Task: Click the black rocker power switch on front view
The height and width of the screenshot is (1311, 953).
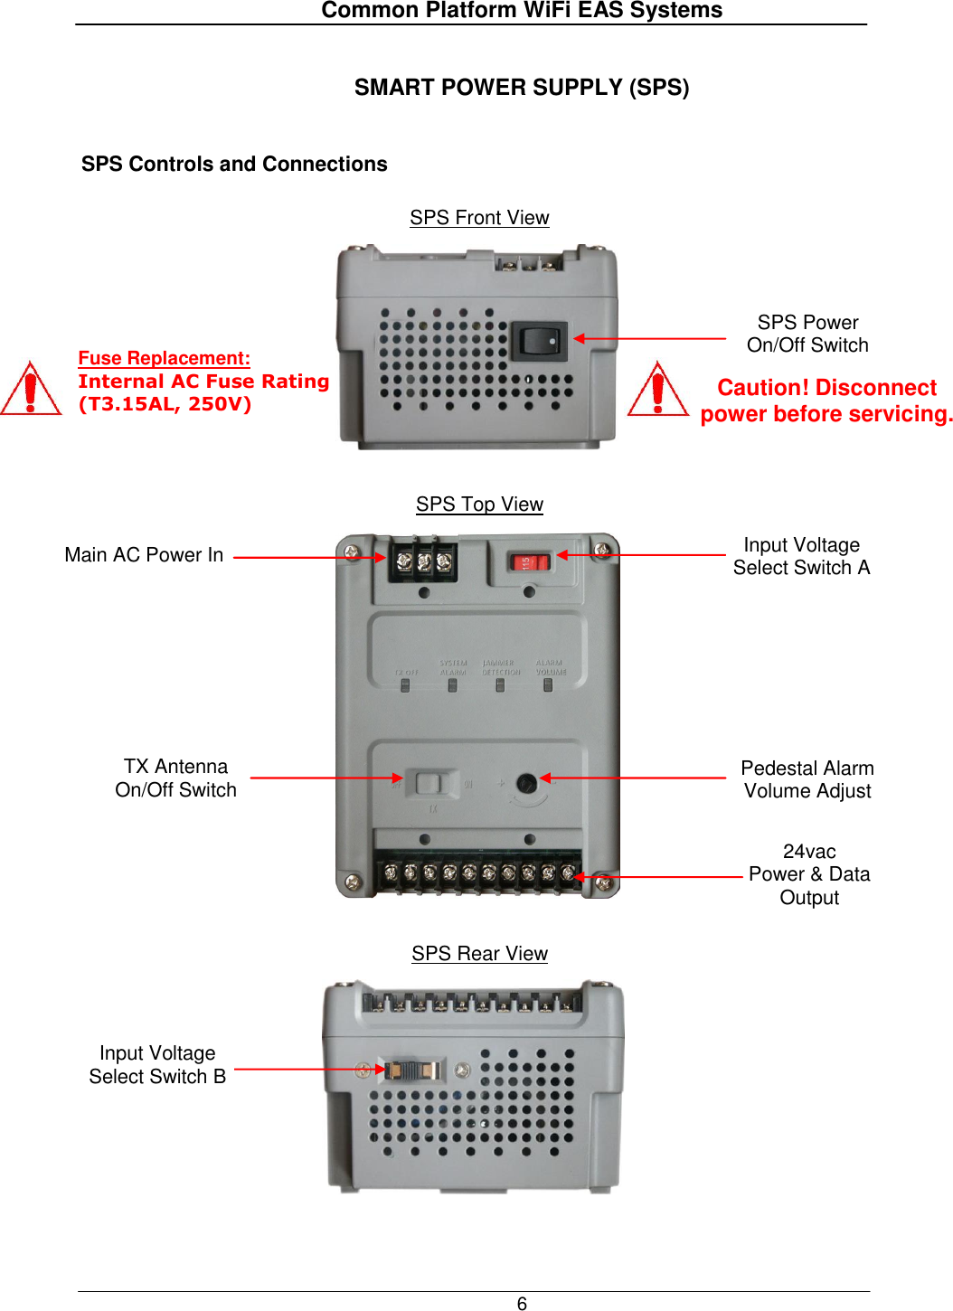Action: pos(540,341)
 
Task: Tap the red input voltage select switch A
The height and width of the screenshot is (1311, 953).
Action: pos(530,562)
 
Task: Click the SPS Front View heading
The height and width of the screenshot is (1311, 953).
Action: pos(479,218)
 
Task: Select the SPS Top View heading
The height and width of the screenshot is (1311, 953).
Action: pos(479,505)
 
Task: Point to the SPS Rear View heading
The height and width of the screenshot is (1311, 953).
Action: pos(479,954)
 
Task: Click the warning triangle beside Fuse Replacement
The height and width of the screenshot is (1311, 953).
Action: pos(31,390)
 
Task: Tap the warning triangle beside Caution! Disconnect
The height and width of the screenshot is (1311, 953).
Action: pos(657,390)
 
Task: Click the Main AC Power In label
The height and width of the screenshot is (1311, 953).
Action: pos(144,555)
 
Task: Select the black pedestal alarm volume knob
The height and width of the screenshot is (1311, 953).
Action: pos(526,783)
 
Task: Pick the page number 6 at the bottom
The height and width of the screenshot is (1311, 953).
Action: pos(522,1303)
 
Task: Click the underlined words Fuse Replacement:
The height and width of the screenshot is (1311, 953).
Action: pos(164,358)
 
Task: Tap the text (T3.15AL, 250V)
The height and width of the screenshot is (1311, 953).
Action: pos(165,404)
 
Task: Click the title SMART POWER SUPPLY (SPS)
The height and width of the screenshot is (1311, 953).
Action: pos(522,88)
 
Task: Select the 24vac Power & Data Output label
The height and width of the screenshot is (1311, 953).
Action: pos(809,874)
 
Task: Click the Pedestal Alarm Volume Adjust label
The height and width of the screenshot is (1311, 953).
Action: pos(807,779)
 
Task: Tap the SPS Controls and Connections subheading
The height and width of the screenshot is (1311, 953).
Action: pos(234,164)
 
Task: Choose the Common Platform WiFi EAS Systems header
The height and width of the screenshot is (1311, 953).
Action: pos(522,11)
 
